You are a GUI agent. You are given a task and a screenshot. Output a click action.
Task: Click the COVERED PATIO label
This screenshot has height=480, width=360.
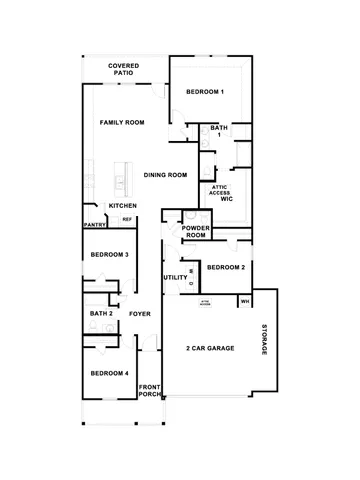[x=124, y=69]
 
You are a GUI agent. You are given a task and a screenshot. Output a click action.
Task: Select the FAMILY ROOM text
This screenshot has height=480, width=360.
[x=122, y=122]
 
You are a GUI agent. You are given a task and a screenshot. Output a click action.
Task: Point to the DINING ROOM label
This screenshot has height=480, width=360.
[x=165, y=175]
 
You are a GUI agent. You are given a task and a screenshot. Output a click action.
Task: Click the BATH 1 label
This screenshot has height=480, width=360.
[x=219, y=131]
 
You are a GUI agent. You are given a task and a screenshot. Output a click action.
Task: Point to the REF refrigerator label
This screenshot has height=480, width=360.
[x=127, y=219]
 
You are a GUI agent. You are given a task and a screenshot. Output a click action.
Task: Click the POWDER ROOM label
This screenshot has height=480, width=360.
[x=195, y=231]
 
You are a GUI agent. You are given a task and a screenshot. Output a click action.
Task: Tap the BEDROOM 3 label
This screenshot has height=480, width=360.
[x=109, y=255]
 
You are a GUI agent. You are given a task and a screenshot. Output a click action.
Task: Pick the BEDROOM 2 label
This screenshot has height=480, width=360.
[x=225, y=268]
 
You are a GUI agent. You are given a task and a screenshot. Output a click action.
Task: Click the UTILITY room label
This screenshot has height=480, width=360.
[x=175, y=277]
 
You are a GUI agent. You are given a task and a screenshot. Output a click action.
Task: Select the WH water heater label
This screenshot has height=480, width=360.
[x=244, y=300]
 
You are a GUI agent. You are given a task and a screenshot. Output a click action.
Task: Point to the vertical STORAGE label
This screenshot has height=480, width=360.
[x=265, y=340]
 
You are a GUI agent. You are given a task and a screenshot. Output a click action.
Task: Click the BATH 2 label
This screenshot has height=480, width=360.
[x=101, y=314]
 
